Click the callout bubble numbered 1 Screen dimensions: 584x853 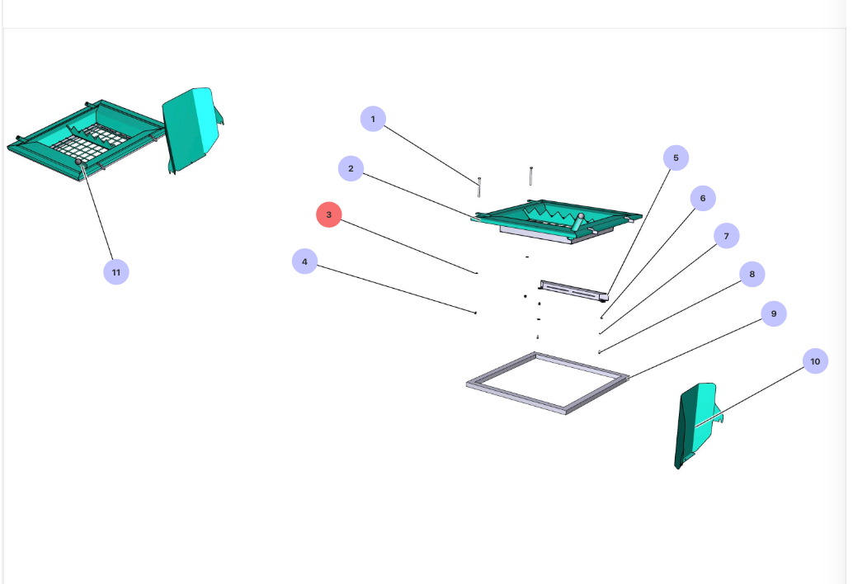[373, 119]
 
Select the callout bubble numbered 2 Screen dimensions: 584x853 [351, 168]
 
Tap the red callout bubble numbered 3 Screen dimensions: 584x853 [328, 214]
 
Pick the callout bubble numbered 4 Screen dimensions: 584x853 [304, 261]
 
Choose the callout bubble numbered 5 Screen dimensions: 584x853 [676, 158]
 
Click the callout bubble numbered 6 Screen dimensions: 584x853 [703, 198]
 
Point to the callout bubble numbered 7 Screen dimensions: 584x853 [726, 236]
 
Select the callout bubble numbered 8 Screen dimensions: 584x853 [752, 275]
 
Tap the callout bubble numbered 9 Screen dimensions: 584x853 [773, 313]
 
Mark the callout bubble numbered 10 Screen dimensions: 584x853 [814, 361]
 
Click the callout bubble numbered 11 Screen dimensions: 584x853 [115, 271]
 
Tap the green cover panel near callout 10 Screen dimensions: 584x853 [697, 425]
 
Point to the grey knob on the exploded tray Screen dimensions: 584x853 [581, 217]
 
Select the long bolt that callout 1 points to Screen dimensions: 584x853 [478, 186]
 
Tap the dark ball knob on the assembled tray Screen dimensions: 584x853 [80, 163]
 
